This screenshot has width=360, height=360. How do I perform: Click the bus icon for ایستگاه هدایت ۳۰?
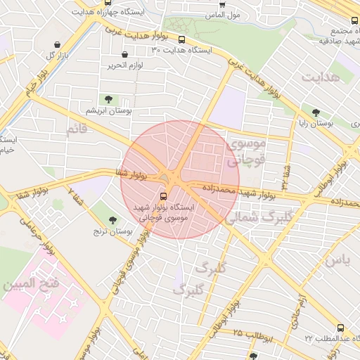point(182,40)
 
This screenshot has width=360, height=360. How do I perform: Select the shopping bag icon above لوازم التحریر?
point(125,54)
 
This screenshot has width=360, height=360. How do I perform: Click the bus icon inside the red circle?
point(164,196)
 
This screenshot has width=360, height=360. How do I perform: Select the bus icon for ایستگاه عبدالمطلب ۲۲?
point(341,328)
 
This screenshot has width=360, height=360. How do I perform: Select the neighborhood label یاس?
point(336,259)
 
